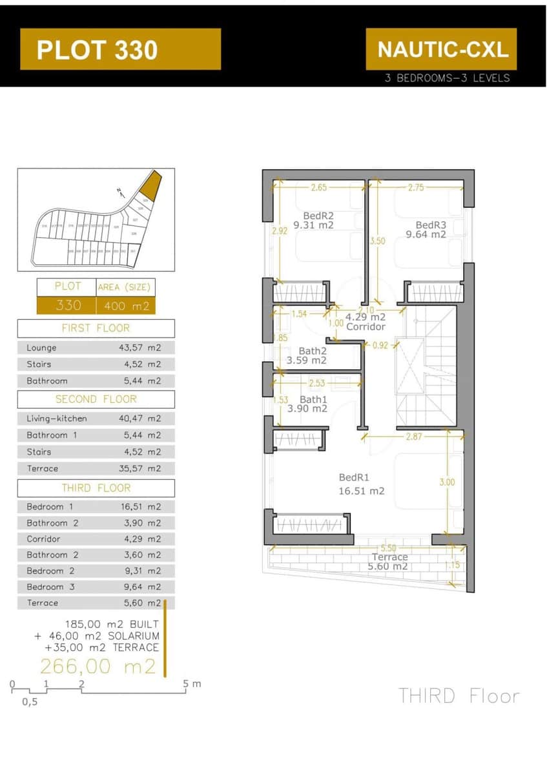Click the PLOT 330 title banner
point(120,50)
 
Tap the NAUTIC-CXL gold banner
point(442,49)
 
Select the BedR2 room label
point(318,216)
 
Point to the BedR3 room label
point(431,225)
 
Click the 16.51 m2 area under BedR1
point(361,491)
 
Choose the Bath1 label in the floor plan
point(313,399)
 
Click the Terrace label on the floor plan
point(389,557)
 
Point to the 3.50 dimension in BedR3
point(377,241)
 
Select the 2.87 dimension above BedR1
point(415,437)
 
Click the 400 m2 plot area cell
point(126,305)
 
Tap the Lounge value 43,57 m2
point(139,347)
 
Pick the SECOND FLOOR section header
point(96,399)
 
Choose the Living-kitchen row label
point(57,418)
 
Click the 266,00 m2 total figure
point(98,666)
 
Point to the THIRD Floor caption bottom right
point(459,696)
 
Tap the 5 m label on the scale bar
point(192,683)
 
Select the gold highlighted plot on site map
point(150,185)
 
